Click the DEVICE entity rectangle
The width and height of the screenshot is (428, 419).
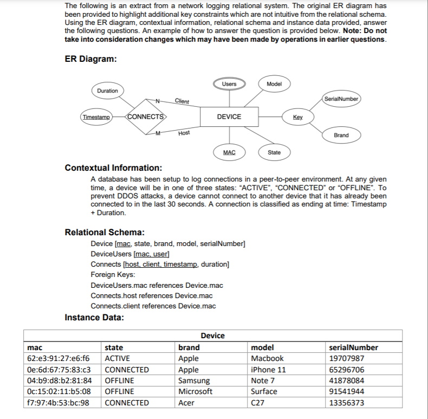229,117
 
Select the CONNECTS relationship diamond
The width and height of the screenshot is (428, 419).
146,117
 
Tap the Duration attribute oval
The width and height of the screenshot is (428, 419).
107,91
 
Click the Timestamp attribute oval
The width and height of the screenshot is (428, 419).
96,117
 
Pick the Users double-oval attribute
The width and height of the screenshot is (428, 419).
229,84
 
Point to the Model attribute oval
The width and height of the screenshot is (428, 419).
275,84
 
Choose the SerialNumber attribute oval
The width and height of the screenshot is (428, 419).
341,99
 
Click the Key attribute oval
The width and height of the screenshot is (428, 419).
297,117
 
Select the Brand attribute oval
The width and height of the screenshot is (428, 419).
341,135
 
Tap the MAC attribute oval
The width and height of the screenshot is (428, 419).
229,152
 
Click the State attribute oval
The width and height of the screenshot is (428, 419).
275,152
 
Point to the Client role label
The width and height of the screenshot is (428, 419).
182,101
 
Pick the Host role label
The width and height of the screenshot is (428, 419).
184,133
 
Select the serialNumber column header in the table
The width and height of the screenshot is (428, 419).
353,347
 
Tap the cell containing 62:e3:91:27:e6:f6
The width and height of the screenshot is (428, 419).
59,358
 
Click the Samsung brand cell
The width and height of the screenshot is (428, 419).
194,381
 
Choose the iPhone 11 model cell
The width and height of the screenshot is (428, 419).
268,370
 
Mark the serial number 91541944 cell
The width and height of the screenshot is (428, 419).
347,391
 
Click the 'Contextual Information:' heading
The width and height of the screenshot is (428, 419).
113,167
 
